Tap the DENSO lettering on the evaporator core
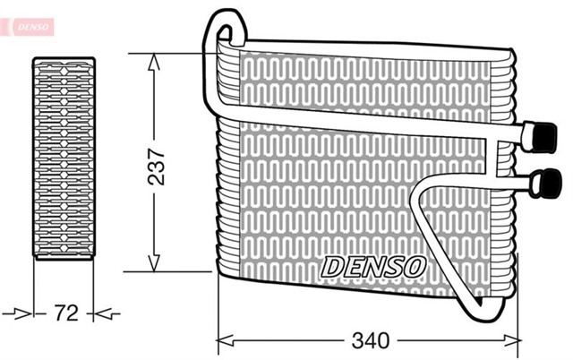coord(373,266)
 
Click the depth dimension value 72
coord(64,313)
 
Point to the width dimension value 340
coord(370,341)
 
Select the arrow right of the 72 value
coord(105,313)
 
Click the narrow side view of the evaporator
coord(64,159)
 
